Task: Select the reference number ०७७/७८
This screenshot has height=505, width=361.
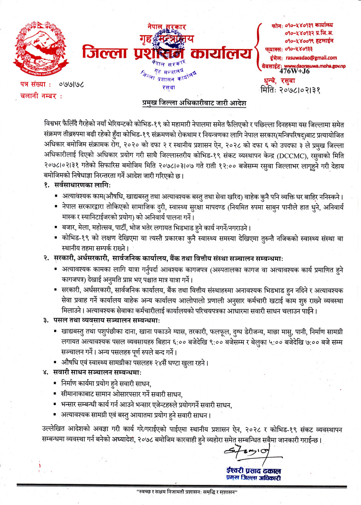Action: coord(73,83)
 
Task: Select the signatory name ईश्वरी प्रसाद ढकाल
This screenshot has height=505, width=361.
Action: coord(253,471)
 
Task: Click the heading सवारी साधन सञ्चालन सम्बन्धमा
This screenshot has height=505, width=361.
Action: coord(98,372)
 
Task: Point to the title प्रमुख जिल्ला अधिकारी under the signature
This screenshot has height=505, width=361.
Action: coord(253,478)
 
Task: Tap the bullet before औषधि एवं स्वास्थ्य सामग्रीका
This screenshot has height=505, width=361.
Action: coord(56,362)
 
